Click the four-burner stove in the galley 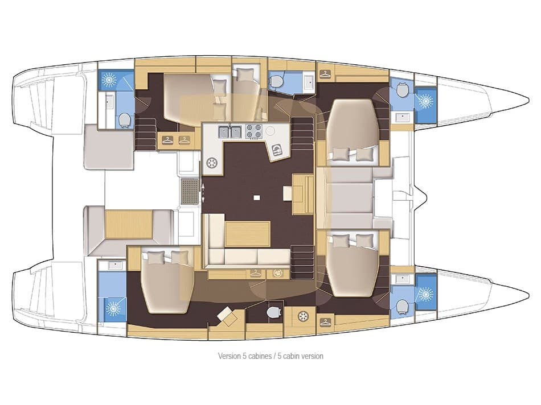coord(253,132)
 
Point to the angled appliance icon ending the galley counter coord(277,150)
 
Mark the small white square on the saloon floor coord(257,198)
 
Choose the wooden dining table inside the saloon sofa coord(247,234)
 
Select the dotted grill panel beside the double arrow coord(188,191)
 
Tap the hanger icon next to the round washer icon coord(256,274)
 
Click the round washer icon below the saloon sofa coord(278,274)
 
